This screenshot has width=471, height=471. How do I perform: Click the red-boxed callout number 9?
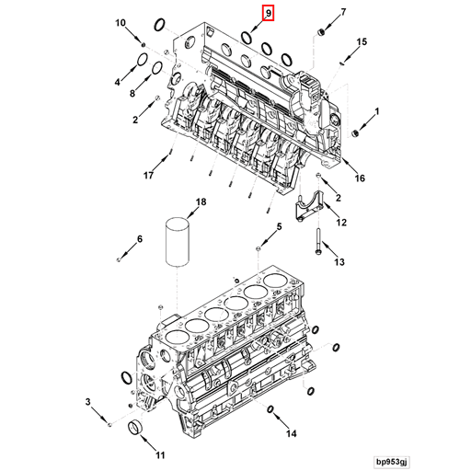[268, 13]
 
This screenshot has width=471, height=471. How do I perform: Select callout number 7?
[343, 12]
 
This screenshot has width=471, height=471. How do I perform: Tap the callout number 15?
[362, 42]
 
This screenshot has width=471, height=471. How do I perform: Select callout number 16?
[360, 178]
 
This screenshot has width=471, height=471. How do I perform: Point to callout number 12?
[340, 223]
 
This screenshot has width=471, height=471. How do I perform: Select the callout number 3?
[88, 402]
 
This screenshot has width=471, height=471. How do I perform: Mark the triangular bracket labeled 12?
[306, 211]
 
